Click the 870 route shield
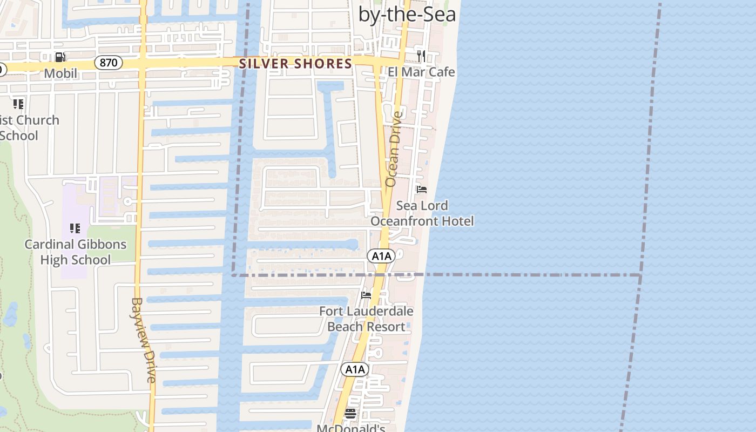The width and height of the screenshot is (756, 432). click(109, 63)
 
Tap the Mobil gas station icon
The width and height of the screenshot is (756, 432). click(60, 57)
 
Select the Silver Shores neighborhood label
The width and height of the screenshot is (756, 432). click(295, 64)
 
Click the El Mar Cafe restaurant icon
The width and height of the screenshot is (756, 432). click(421, 56)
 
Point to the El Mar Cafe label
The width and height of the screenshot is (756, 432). click(421, 72)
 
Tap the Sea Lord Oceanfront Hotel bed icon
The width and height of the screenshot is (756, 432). click(422, 190)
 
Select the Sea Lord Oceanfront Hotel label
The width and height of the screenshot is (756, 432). click(422, 213)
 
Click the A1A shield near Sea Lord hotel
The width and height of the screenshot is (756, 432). click(381, 256)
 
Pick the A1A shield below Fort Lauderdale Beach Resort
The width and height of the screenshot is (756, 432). click(355, 369)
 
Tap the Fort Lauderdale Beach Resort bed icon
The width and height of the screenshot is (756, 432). click(366, 295)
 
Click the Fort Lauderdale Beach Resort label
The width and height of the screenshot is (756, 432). click(366, 319)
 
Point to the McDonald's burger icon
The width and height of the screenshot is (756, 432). click(350, 414)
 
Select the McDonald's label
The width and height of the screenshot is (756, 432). click(350, 428)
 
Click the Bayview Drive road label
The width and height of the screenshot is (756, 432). click(144, 340)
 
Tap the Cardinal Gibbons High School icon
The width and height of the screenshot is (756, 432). click(75, 228)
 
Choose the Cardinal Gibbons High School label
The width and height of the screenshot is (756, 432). click(76, 252)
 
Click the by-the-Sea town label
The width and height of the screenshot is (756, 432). click(407, 14)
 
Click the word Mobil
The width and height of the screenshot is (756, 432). click(60, 73)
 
